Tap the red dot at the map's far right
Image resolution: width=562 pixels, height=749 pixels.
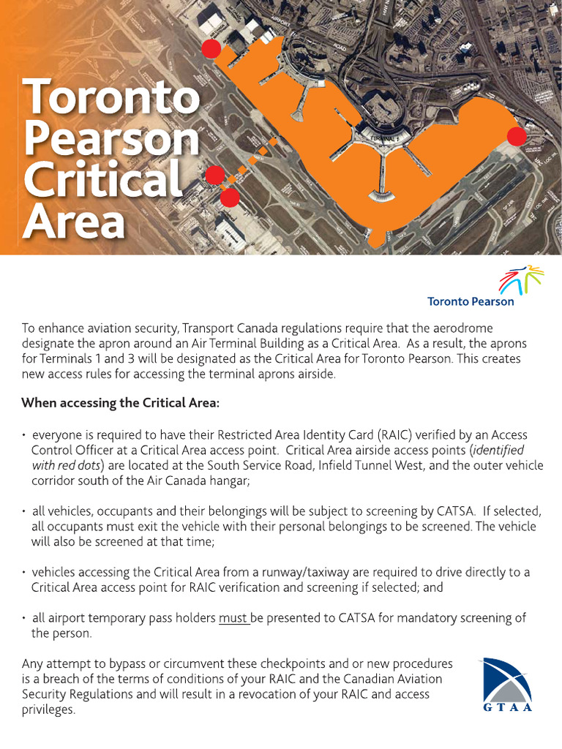click(x=517, y=137)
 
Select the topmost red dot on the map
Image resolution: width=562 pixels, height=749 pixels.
click(x=211, y=49)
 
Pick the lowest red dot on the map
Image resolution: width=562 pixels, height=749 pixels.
click(x=230, y=197)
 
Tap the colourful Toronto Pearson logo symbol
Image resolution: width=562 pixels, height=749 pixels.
click(x=520, y=279)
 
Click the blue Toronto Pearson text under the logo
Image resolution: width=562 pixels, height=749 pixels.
click(x=471, y=301)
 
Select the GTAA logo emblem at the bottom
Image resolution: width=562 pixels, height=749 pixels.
click(x=506, y=680)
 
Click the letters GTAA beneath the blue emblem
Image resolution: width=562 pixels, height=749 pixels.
click(x=506, y=707)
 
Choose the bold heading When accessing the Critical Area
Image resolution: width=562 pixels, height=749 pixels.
click(x=120, y=403)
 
